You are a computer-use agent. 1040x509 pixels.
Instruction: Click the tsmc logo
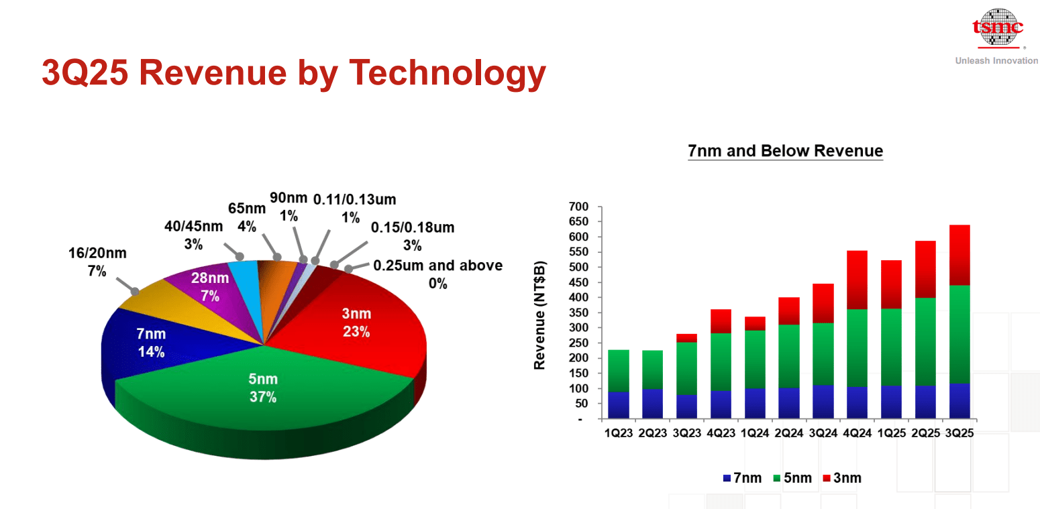(998, 29)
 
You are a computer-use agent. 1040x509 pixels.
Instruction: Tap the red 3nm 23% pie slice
(356, 322)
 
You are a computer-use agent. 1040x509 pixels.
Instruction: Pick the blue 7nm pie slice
(151, 342)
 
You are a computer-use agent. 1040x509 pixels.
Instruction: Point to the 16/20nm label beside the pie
(97, 262)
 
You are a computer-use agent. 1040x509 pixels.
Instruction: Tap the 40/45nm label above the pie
(193, 235)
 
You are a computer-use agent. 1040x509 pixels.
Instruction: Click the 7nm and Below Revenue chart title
(785, 150)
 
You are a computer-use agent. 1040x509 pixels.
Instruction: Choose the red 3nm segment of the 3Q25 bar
(959, 255)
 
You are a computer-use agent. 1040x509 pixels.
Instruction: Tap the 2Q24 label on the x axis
(789, 433)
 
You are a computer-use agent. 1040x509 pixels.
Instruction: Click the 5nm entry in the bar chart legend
(792, 478)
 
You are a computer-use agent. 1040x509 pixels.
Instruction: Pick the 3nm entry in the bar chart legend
(841, 478)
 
